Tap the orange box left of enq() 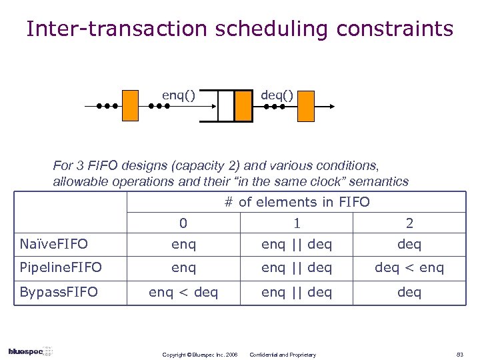pyautogui.click(x=131, y=105)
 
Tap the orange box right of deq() pyautogui.click(x=305, y=106)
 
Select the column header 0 pyautogui.click(x=183, y=223)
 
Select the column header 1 pyautogui.click(x=297, y=223)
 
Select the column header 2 pyautogui.click(x=409, y=223)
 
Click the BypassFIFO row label pyautogui.click(x=59, y=291)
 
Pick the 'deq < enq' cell pyautogui.click(x=409, y=267)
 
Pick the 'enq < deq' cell pyautogui.click(x=183, y=291)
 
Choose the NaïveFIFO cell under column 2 pyautogui.click(x=409, y=244)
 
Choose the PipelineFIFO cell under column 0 pyautogui.click(x=183, y=267)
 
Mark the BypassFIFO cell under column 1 pyautogui.click(x=297, y=291)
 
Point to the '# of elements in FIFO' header pyautogui.click(x=297, y=202)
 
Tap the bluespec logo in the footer pyautogui.click(x=31, y=351)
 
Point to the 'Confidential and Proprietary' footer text pyautogui.click(x=283, y=354)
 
